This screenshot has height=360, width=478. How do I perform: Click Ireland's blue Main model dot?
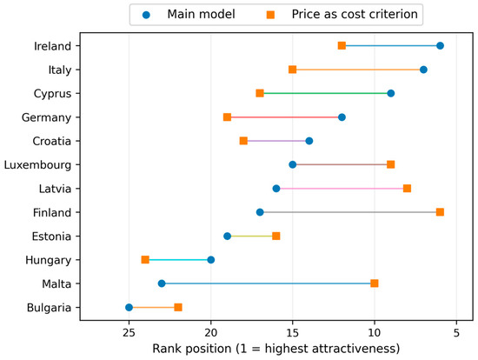point(440,46)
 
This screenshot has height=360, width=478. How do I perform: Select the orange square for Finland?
point(440,212)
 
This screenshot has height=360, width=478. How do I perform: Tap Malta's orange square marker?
point(375,283)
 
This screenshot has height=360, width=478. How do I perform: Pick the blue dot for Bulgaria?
point(129,307)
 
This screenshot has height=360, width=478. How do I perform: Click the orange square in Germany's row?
point(227,117)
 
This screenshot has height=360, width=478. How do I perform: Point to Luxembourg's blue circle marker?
point(293,164)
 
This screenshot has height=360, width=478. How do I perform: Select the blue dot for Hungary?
point(210,260)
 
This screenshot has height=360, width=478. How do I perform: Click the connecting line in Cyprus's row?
point(325,93)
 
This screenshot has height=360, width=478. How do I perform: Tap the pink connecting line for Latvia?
point(342,189)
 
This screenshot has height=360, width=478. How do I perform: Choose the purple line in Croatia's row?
point(276,141)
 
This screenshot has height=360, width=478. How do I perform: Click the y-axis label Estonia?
point(51,237)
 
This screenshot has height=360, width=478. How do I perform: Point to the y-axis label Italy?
point(60,70)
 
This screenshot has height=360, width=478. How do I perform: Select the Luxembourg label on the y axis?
point(37,165)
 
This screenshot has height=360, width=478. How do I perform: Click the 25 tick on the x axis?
point(129,333)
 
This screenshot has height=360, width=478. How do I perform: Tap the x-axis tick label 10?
point(375,333)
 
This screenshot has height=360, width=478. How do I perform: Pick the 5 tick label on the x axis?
point(456,333)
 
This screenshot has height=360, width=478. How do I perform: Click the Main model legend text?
point(202,14)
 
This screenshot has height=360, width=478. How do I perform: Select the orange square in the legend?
point(270,15)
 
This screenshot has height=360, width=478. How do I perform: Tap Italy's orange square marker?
point(293,70)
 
